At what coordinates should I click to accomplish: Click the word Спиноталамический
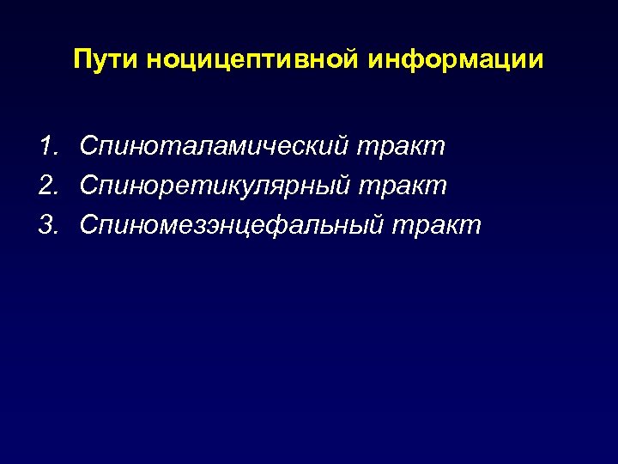coord(213,147)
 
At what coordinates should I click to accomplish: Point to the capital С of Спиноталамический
coord(89,147)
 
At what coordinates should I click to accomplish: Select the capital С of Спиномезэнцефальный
coord(89,226)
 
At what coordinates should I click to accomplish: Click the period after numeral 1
coord(55,155)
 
